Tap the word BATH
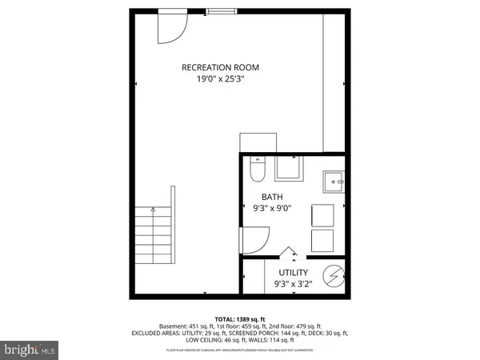click(272, 196)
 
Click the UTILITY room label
click(293, 273)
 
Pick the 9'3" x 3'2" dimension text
click(293, 284)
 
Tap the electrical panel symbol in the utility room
click(334, 277)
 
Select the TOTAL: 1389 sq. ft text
click(239, 319)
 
